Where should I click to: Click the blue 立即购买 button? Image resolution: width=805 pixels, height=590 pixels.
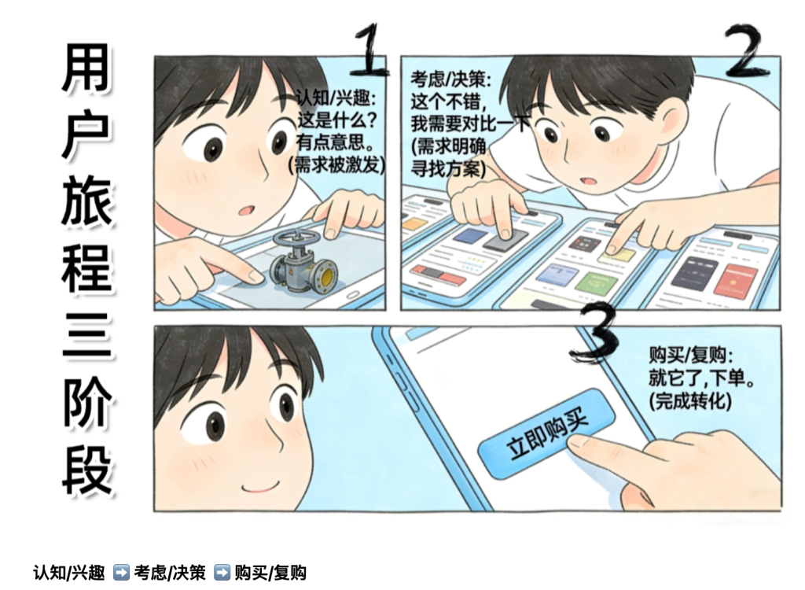[x=547, y=433]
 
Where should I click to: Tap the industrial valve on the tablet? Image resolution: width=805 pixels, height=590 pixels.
[x=303, y=262]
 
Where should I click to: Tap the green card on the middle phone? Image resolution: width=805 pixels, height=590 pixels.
[x=597, y=284]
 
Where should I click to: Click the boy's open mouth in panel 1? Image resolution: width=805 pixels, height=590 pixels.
[x=247, y=210]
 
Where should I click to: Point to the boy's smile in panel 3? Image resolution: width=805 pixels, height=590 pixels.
[x=261, y=486]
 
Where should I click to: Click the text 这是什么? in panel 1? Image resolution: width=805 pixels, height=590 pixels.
[x=337, y=121]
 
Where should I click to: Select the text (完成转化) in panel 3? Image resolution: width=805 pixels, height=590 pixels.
[x=690, y=401]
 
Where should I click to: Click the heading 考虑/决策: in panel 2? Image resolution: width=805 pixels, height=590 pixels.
[x=450, y=79]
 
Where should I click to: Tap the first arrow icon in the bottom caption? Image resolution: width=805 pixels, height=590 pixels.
[x=121, y=572]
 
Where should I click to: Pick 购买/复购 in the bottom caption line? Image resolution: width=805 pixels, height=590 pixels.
[x=270, y=573]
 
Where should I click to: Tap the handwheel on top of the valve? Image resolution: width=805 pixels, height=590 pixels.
[x=296, y=238]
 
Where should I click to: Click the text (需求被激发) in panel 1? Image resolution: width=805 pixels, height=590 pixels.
[x=336, y=165]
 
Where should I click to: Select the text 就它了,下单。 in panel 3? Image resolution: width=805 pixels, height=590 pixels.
[x=700, y=378]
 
